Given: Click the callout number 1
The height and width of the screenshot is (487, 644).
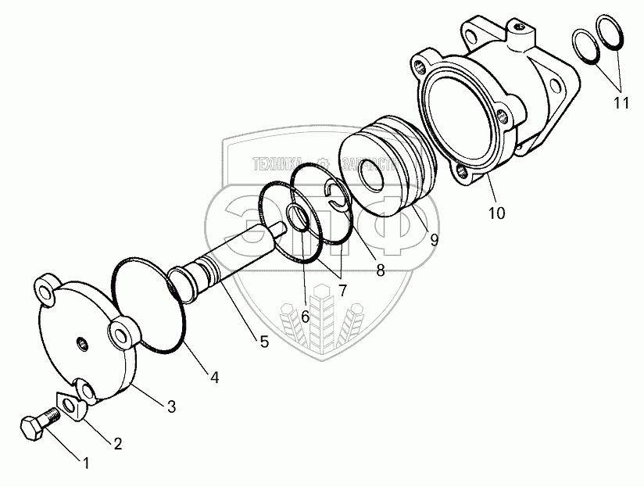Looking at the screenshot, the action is pyautogui.click(x=86, y=463).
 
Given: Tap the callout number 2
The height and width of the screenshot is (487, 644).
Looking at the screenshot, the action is pyautogui.click(x=118, y=444).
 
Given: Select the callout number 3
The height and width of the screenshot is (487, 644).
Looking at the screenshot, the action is pyautogui.click(x=171, y=406).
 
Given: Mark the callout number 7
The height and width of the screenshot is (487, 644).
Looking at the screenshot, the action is pyautogui.click(x=341, y=290).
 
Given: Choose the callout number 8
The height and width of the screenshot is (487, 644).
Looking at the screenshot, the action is pyautogui.click(x=380, y=270).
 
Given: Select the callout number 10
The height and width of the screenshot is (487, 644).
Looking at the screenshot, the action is pyautogui.click(x=497, y=212).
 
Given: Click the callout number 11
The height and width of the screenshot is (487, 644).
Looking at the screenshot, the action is pyautogui.click(x=621, y=104).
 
